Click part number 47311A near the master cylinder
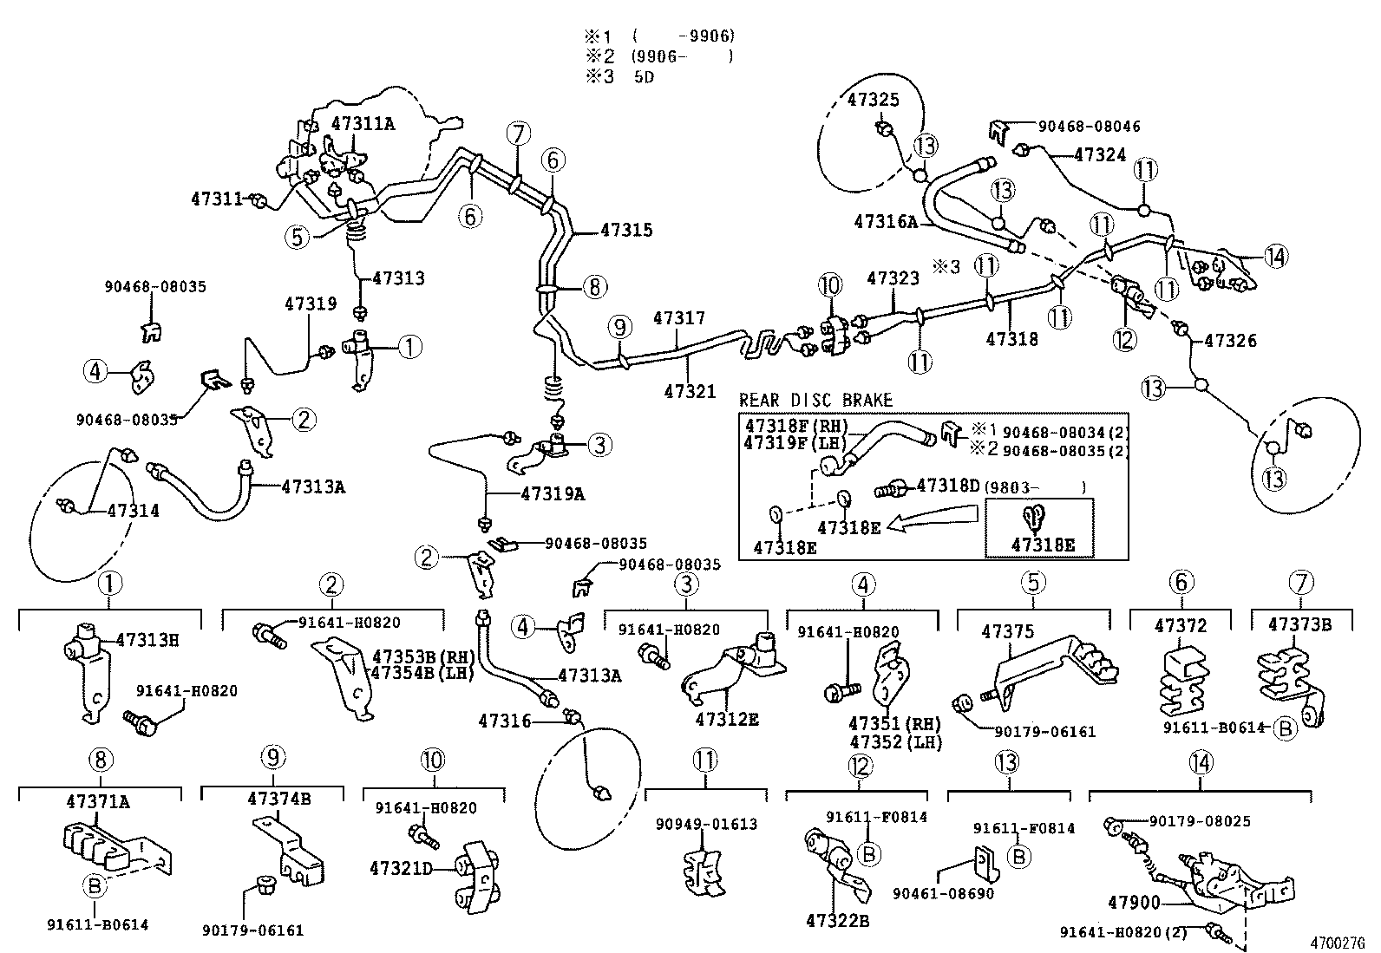(x=363, y=123)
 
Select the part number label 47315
(x=626, y=231)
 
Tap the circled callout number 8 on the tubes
(x=594, y=286)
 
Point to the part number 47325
(x=873, y=101)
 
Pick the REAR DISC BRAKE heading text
(x=815, y=400)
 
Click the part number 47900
(x=1133, y=904)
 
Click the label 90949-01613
(x=707, y=824)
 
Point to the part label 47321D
(x=401, y=867)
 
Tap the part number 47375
(x=1007, y=632)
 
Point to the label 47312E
(x=726, y=720)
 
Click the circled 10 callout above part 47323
(x=829, y=284)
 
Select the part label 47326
(x=1230, y=341)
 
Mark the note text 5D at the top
(x=644, y=76)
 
